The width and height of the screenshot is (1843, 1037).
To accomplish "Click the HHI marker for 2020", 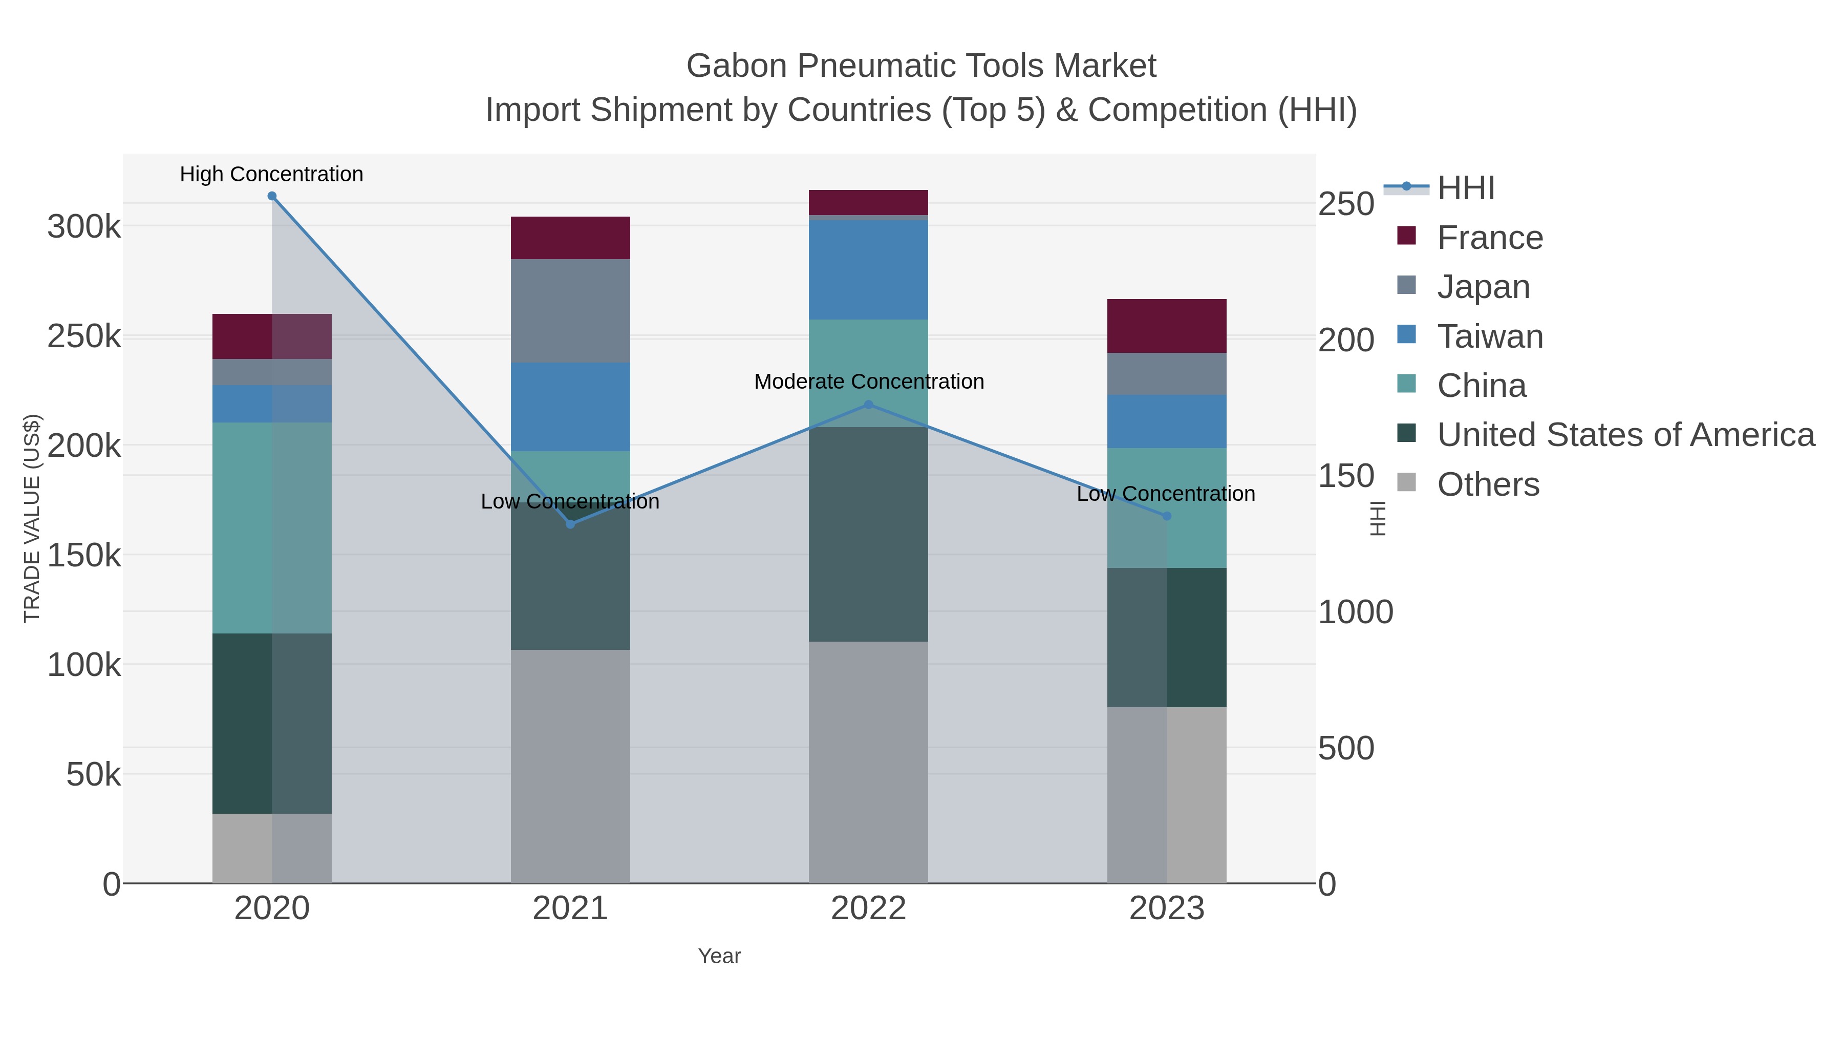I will pyautogui.click(x=272, y=196).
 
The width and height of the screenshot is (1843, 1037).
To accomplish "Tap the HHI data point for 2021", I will pyautogui.click(x=570, y=524).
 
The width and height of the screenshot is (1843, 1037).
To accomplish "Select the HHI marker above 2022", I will pyautogui.click(x=869, y=405).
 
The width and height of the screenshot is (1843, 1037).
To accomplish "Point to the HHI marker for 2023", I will pyautogui.click(x=1167, y=516).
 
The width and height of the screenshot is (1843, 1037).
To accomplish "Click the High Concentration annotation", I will pyautogui.click(x=271, y=175).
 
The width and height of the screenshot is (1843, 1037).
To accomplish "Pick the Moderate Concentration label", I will pyautogui.click(x=869, y=382).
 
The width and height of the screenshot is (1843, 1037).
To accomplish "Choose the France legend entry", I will pyautogui.click(x=1490, y=238).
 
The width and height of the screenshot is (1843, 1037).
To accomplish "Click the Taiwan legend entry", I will pyautogui.click(x=1490, y=336).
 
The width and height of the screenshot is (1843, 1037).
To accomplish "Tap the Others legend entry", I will pyautogui.click(x=1488, y=484).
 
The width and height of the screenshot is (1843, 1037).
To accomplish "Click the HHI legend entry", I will pyautogui.click(x=1465, y=188).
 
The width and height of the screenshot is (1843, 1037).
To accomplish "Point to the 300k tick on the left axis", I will pyautogui.click(x=84, y=227).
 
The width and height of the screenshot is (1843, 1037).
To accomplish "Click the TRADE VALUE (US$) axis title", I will pyautogui.click(x=32, y=518).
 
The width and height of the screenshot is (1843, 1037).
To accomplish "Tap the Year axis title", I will pyautogui.click(x=719, y=956).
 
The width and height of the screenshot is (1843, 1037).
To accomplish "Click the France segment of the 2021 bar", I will pyautogui.click(x=570, y=238).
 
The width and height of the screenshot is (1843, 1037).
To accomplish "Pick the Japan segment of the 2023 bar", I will pyautogui.click(x=1167, y=374).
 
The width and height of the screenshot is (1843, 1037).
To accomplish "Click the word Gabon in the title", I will pyautogui.click(x=737, y=66).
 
